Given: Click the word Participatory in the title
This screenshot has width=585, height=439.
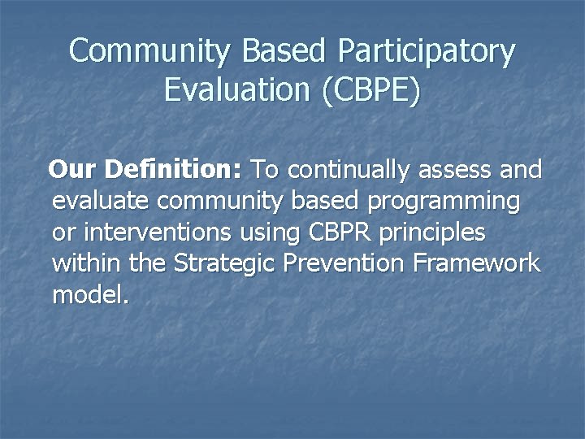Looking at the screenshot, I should (427, 51).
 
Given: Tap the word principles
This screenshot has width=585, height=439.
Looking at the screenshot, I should (434, 233).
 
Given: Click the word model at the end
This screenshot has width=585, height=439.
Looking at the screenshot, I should (86, 294).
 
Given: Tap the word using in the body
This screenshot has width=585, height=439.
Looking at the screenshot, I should (271, 233).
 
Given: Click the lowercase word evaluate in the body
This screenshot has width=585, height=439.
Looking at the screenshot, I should (102, 202).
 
